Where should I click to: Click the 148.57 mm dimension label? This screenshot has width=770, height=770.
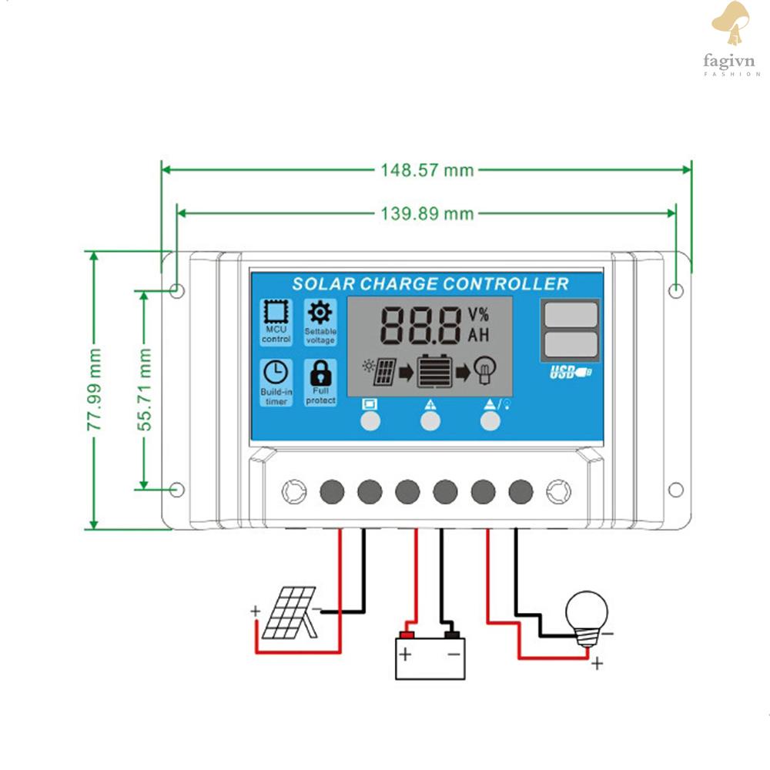[x=427, y=170]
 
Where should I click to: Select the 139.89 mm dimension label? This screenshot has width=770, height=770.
[x=427, y=213]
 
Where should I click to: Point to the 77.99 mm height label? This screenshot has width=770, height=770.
[x=94, y=390]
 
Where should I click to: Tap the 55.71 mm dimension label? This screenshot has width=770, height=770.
[x=145, y=390]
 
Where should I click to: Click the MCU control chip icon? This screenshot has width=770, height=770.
[x=276, y=311]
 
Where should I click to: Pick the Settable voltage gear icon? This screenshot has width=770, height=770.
[x=320, y=313]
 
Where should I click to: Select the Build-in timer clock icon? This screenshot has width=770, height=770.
[x=276, y=372]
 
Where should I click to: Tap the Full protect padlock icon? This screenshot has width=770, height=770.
[x=320, y=373]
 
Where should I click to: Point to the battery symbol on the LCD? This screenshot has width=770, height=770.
[x=434, y=371]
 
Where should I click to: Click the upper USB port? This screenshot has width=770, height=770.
[x=571, y=314]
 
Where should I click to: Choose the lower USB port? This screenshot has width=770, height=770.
[x=571, y=344]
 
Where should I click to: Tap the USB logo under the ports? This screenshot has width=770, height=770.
[x=570, y=372]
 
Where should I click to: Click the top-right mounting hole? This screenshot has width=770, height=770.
[x=676, y=291]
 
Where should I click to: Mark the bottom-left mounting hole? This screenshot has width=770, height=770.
[x=177, y=490]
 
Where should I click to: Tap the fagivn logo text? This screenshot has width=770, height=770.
[x=728, y=61]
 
